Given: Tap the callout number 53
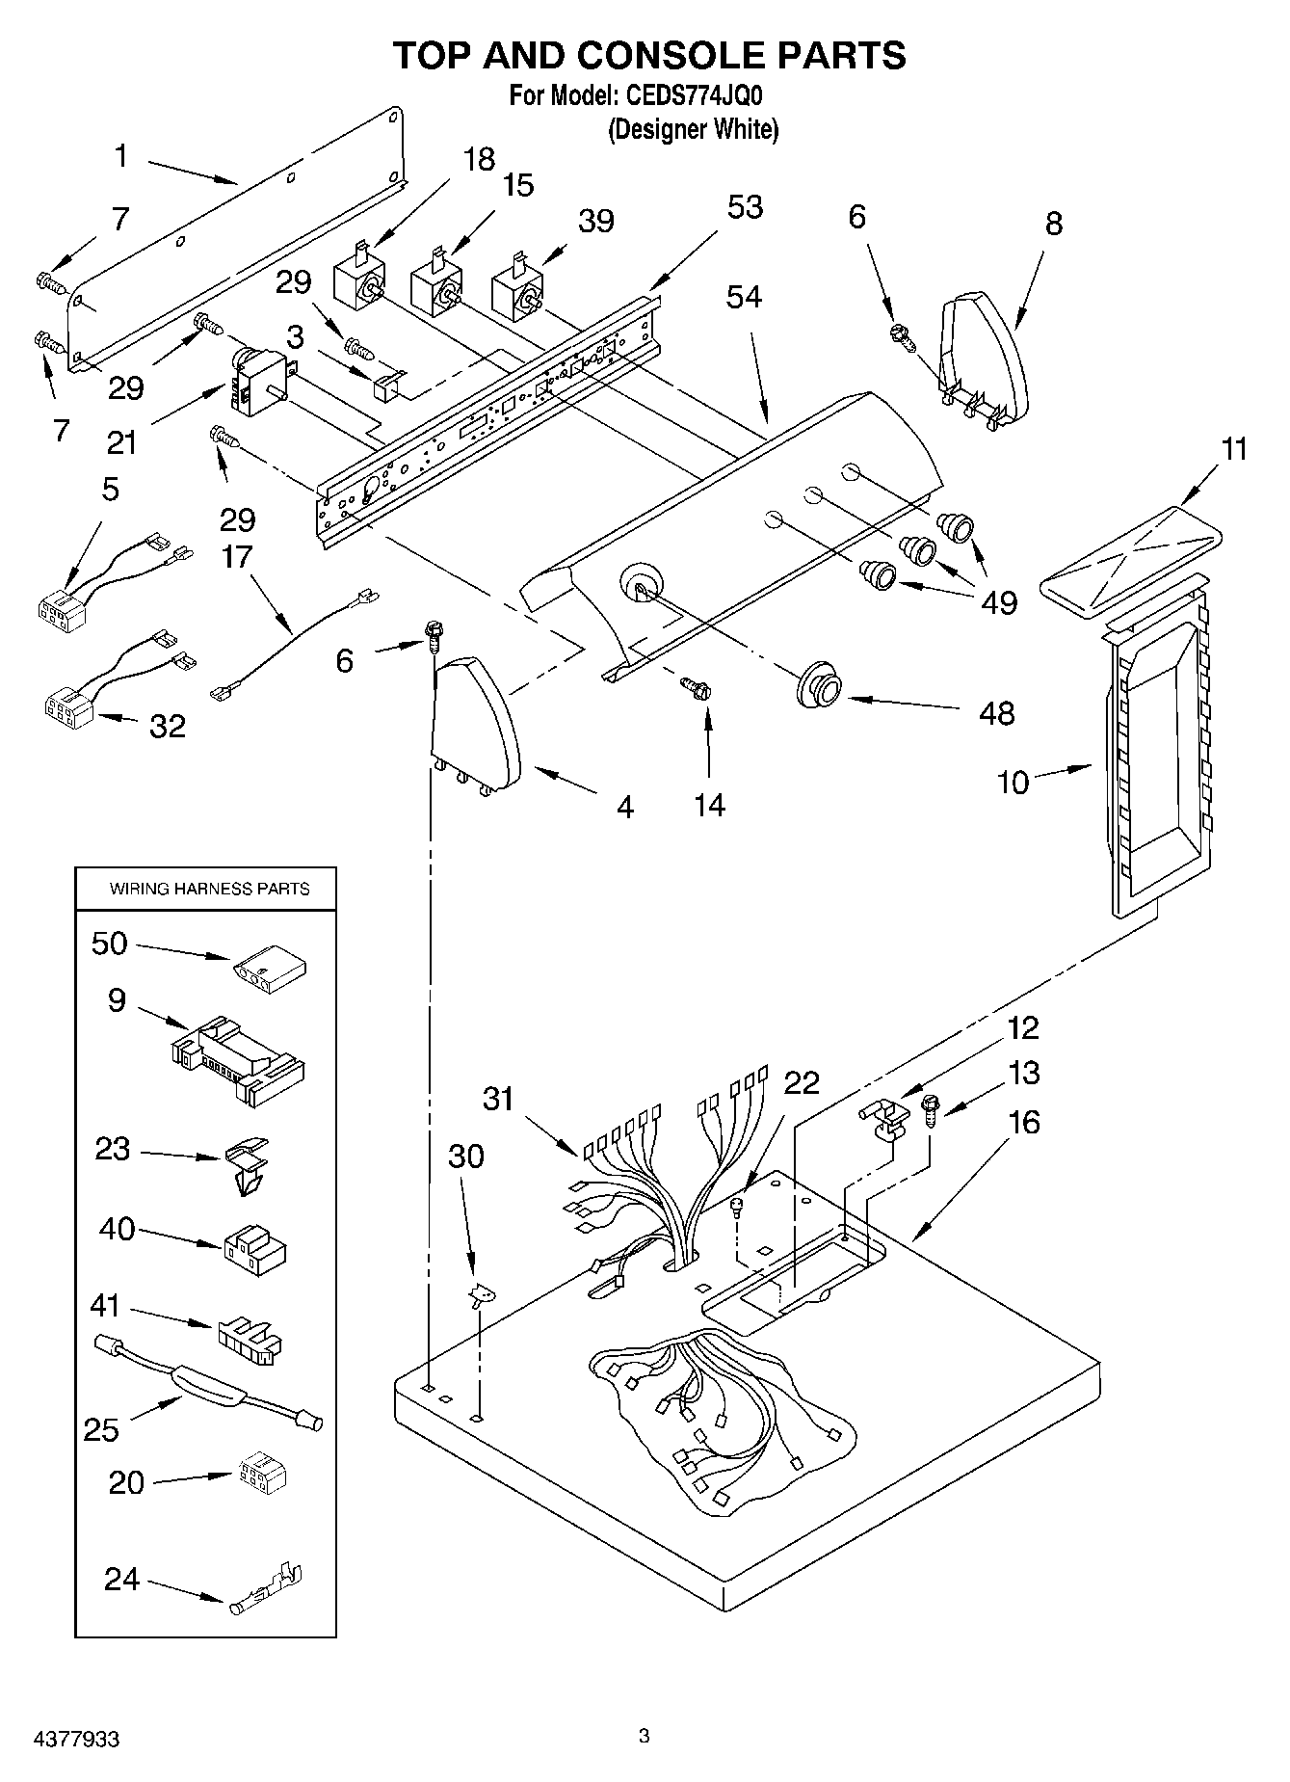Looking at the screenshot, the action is (745, 207).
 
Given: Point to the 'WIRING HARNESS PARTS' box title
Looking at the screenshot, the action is (209, 889).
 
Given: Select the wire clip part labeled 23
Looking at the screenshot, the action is (247, 1164).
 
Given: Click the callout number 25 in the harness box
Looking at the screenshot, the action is (100, 1429).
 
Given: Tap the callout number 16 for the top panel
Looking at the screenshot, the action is (1023, 1122).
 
